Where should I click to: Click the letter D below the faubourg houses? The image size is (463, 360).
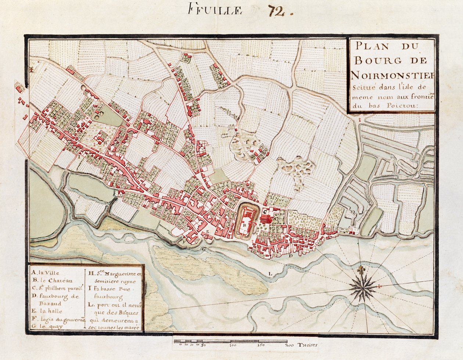click(290, 255)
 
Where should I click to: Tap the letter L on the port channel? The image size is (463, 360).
click(270, 273)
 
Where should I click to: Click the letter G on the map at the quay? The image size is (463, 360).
click(203, 249)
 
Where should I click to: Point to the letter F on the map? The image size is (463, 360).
click(184, 242)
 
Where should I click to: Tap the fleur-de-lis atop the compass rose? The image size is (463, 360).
click(363, 270)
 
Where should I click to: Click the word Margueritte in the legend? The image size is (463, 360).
click(118, 274)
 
